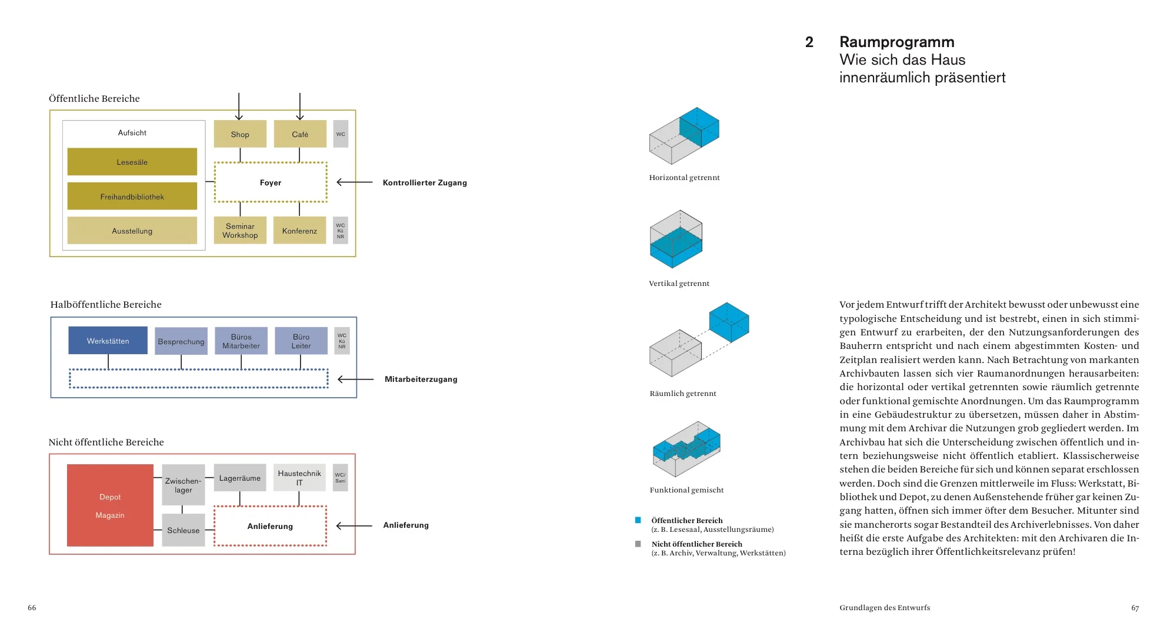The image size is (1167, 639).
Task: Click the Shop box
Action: pos(240,134)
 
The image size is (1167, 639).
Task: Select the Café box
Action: pos(300,134)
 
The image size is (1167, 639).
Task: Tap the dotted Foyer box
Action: pos(271,182)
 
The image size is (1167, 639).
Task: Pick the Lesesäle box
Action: pos(132,162)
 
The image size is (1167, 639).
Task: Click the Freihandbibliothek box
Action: pos(132,197)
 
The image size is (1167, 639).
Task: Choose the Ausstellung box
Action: pos(132,231)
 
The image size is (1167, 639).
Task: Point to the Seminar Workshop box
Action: pos(240,231)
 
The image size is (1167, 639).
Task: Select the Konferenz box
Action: pos(299,231)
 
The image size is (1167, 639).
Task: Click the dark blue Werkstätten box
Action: pos(108,341)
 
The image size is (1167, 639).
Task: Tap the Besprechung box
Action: pos(181,341)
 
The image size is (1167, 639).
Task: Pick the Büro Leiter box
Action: pos(301,341)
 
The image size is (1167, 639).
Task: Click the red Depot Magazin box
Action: pos(110,505)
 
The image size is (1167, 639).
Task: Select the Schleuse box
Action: pos(183,530)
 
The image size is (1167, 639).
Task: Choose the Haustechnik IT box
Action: pos(299,478)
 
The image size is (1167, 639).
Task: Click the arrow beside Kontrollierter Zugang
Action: pos(355,182)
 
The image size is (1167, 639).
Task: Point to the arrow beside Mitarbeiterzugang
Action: pos(356,380)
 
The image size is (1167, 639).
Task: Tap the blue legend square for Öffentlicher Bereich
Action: pos(638,520)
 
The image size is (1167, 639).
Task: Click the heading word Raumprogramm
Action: pos(896,42)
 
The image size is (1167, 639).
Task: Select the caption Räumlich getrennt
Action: pos(683,394)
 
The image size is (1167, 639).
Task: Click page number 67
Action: pos(1135,608)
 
